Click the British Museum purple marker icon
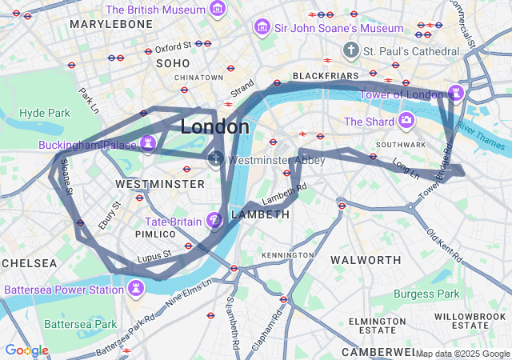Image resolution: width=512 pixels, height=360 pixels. pyautogui.click(x=217, y=10)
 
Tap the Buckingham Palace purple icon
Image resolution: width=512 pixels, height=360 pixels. pyautogui.click(x=147, y=143)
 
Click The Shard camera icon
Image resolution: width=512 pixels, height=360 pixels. pyautogui.click(x=406, y=121)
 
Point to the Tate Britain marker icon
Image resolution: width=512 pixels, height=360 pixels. pyautogui.click(x=214, y=220)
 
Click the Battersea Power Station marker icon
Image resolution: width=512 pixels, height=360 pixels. pyautogui.click(x=136, y=287)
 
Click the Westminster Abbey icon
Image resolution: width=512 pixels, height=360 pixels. pyautogui.click(x=216, y=159)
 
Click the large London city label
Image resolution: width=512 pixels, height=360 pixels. pyautogui.click(x=214, y=126)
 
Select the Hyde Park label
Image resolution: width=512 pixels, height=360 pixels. pyautogui.click(x=45, y=113)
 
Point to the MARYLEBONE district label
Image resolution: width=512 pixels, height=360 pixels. pyautogui.click(x=110, y=25)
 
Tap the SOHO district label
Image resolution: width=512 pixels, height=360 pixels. pyautogui.click(x=173, y=62)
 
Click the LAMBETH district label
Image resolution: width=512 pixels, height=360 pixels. pyautogui.click(x=260, y=214)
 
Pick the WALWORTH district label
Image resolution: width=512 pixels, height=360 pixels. pyautogui.click(x=366, y=260)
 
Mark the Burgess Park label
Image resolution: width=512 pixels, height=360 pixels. pyautogui.click(x=426, y=294)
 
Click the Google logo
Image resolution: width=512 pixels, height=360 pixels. pyautogui.click(x=26, y=350)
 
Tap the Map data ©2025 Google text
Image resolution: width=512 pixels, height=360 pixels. pyautogui.click(x=462, y=354)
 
